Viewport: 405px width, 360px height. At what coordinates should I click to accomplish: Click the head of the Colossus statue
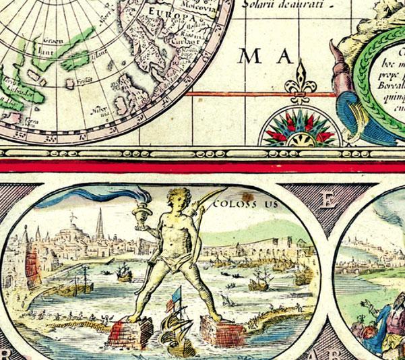[x=176, y=199]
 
